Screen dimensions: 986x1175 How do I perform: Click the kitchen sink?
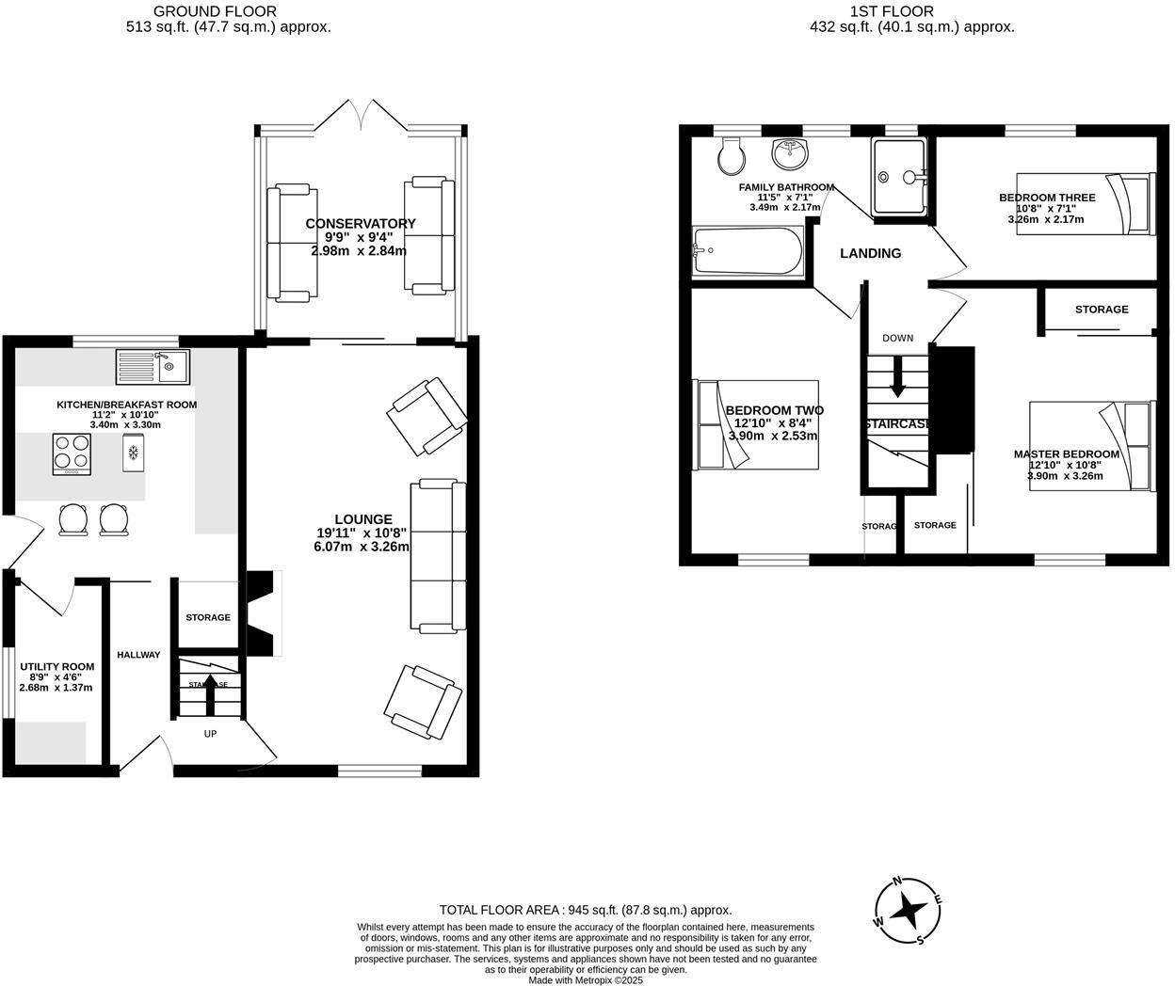pyautogui.click(x=153, y=366)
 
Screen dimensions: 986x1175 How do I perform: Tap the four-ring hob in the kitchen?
pyautogui.click(x=72, y=453)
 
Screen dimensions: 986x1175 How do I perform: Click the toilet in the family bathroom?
pyautogui.click(x=731, y=158)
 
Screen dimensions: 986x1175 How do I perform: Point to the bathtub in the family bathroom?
pyautogui.click(x=748, y=251)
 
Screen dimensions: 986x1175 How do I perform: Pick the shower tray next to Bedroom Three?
pyautogui.click(x=900, y=176)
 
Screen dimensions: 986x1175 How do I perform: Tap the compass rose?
pyautogui.click(x=909, y=910)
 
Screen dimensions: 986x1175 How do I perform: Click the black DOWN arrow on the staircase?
pyautogui.click(x=897, y=376)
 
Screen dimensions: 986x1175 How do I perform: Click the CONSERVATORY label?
pyautogui.click(x=361, y=223)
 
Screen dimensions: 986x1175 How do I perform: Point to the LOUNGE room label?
pyautogui.click(x=363, y=518)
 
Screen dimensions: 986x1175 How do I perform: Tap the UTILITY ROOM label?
pyautogui.click(x=57, y=666)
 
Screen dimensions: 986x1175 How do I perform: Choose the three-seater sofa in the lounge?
pyautogui.click(x=438, y=554)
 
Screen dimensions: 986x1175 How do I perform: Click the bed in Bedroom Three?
pyautogui.click(x=1129, y=203)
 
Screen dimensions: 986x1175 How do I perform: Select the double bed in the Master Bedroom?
pyautogui.click(x=1092, y=446)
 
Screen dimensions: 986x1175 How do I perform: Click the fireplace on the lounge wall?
pyautogui.click(x=264, y=612)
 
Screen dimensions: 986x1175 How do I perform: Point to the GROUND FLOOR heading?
pyautogui.click(x=216, y=11)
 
